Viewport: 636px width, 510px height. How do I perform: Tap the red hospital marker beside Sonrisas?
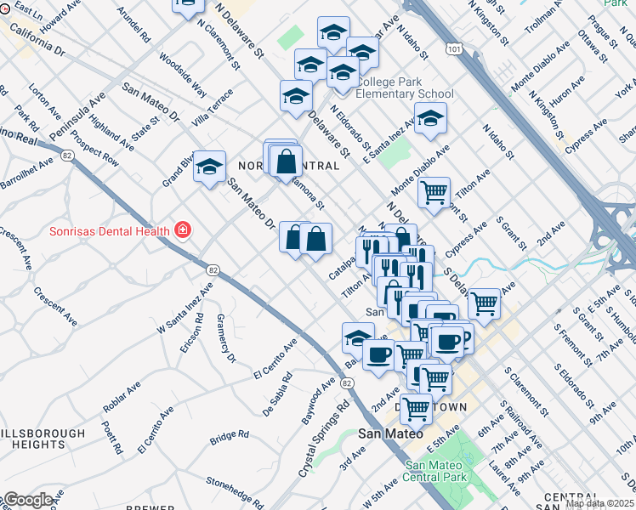point(182,229)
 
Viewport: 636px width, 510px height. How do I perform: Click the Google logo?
point(28,500)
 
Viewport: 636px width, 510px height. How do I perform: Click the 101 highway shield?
point(455,50)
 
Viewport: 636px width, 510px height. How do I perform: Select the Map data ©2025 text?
point(600,503)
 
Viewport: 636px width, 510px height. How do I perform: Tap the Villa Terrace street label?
point(213,109)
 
